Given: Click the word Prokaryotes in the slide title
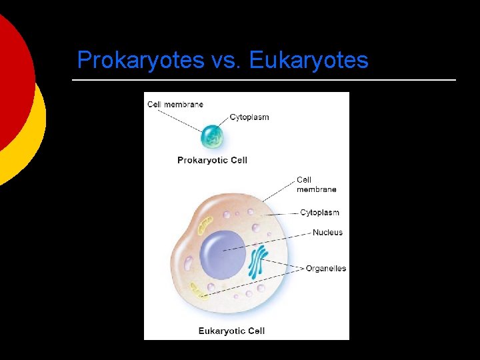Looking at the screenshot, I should [x=140, y=61].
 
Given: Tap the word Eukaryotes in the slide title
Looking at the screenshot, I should [x=309, y=61].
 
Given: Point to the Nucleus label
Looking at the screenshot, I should [x=327, y=233].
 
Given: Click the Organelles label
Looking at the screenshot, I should [x=326, y=269].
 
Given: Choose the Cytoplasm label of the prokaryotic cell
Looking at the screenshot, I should [x=249, y=117].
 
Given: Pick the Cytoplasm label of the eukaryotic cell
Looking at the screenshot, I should [x=319, y=213].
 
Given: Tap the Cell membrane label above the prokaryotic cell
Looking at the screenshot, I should [x=175, y=105].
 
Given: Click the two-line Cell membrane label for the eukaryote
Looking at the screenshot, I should [x=316, y=185].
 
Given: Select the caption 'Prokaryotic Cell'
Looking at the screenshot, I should [x=212, y=160].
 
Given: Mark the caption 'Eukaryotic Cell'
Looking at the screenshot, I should [x=231, y=331].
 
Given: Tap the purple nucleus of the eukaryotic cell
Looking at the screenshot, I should [x=223, y=254].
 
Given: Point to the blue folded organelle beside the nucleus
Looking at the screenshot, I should [x=257, y=262].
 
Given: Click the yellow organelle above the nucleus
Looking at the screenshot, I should [x=204, y=224].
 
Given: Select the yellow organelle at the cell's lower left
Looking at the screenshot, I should [x=198, y=289].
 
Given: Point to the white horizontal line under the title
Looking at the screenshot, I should [x=263, y=80].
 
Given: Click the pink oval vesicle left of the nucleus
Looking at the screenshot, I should [x=189, y=263].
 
